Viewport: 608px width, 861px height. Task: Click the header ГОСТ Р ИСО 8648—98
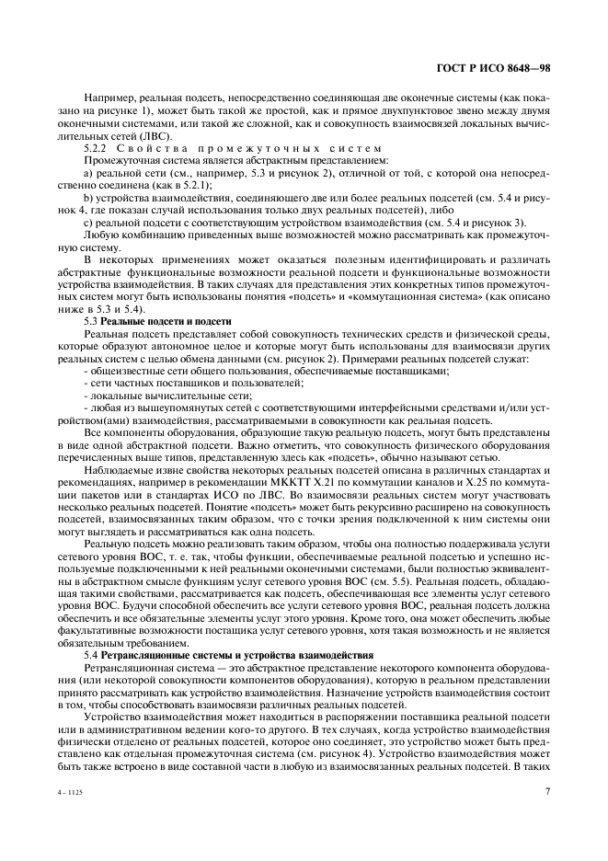496,67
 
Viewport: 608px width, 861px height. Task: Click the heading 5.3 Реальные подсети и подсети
157,320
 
